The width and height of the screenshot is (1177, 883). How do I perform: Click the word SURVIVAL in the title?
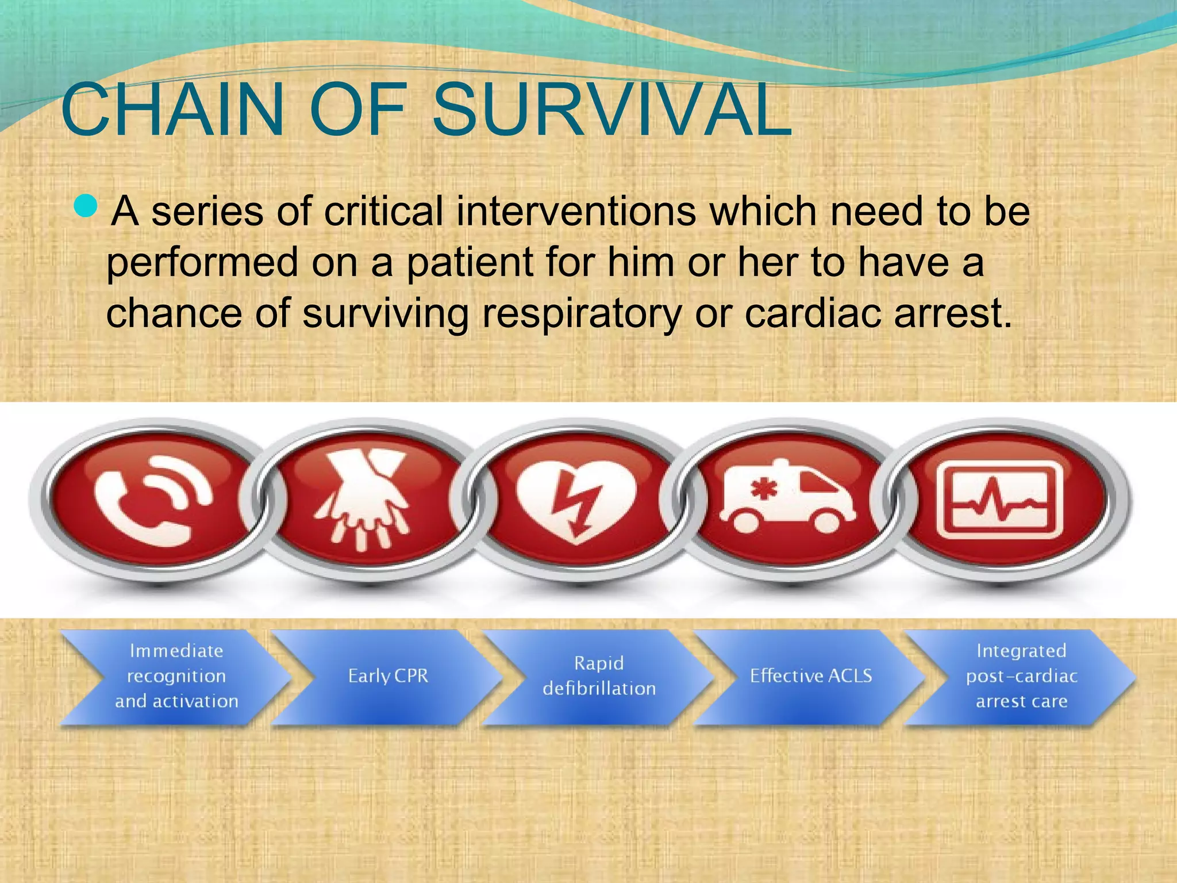(x=612, y=110)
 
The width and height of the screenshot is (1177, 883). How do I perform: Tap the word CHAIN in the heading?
(x=172, y=110)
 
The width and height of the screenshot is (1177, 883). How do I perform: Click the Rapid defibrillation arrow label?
(x=599, y=676)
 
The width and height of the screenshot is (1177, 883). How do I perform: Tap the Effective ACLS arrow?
(x=810, y=676)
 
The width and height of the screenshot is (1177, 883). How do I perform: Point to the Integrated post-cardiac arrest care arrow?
(x=1021, y=676)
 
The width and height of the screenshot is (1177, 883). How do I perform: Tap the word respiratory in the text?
(x=581, y=314)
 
